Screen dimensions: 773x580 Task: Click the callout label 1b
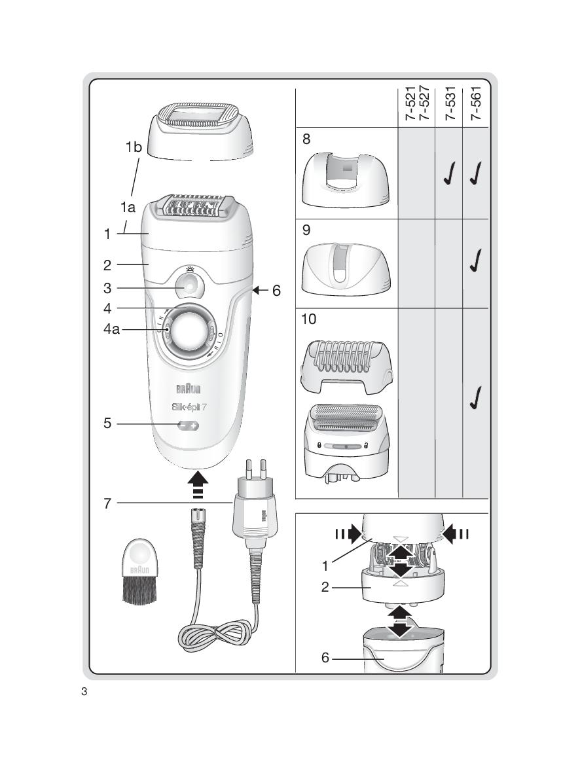pos(134,147)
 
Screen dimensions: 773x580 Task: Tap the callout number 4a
pos(111,330)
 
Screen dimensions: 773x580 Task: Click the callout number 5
pos(107,423)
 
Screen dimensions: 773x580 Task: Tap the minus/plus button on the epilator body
pos(189,425)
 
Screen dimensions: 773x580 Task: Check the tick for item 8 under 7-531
pos(449,177)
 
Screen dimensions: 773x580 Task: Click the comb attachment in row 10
pos(346,366)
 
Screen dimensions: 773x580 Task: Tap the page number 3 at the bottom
pos(84,692)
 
